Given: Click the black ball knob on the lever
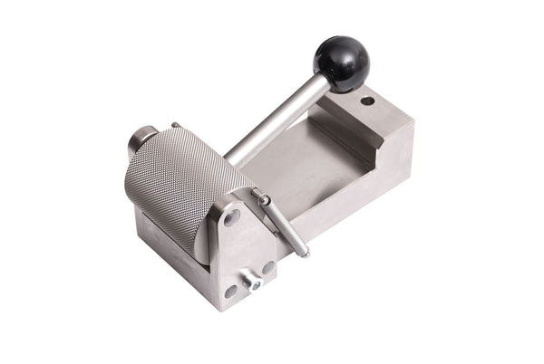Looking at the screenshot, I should pyautogui.click(x=342, y=62).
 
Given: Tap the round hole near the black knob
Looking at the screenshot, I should pyautogui.click(x=367, y=101).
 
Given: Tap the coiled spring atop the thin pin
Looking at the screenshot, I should pyautogui.click(x=264, y=200).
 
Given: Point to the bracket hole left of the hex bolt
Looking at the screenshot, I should pyautogui.click(x=230, y=292).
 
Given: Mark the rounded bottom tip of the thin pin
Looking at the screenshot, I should pyautogui.click(x=305, y=253).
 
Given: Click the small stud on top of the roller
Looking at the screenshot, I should pyautogui.click(x=176, y=125).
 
